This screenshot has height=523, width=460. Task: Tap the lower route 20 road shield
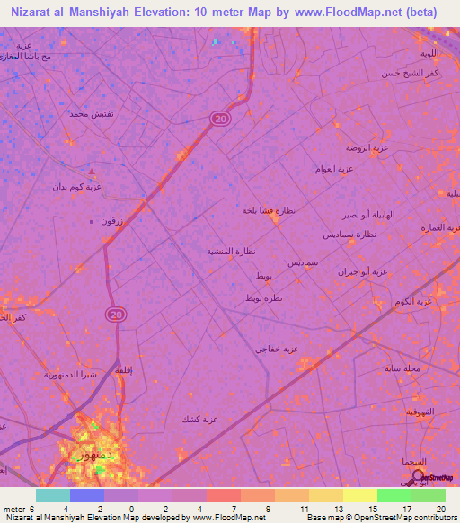[x=116, y=314]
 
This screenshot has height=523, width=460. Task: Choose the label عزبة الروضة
[x=367, y=146]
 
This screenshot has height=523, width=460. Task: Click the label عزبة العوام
[x=333, y=168]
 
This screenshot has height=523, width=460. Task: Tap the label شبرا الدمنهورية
[x=69, y=374]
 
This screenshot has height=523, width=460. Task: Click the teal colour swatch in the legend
[x=52, y=495]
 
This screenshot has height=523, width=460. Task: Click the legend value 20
[x=440, y=508]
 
